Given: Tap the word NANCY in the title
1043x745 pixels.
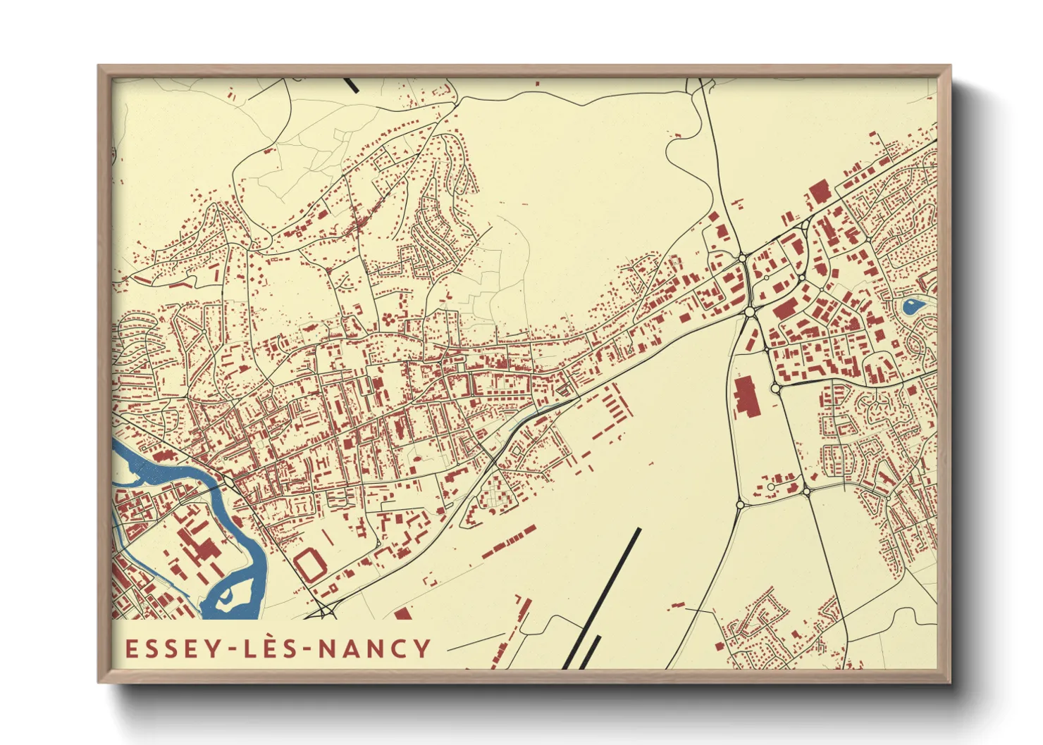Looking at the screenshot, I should point(375,649).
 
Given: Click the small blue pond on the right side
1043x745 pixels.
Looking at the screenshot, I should point(913,306).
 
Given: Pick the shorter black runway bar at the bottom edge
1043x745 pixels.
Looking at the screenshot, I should point(591,652).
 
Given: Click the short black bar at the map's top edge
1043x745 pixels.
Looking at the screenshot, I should point(352,84).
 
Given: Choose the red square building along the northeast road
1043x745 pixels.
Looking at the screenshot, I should point(818,192).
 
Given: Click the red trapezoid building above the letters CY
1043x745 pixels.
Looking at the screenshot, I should point(402,614).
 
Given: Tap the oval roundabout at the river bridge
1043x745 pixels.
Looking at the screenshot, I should point(230,482).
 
